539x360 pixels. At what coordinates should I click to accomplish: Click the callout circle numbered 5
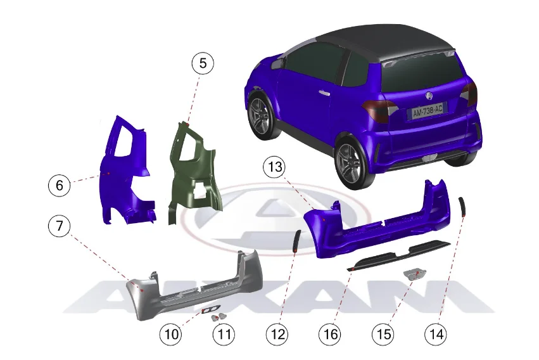click(x=203, y=63)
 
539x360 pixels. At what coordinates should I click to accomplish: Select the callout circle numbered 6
click(x=60, y=185)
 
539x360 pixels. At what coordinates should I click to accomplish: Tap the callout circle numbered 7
click(x=60, y=226)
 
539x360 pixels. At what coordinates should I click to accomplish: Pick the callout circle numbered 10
click(x=171, y=334)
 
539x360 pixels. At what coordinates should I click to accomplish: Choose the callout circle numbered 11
click(x=224, y=334)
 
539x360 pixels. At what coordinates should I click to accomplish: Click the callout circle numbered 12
click(x=277, y=334)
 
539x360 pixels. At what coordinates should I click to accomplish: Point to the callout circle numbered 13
click(x=275, y=167)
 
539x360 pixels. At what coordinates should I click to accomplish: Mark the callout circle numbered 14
click(x=436, y=334)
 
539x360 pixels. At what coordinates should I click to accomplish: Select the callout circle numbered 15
click(x=383, y=334)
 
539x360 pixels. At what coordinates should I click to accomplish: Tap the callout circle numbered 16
click(x=331, y=334)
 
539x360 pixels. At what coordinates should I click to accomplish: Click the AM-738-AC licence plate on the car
click(x=428, y=111)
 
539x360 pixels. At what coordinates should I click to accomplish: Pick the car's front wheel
click(x=262, y=115)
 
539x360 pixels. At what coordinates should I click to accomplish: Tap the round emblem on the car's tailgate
click(x=429, y=95)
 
